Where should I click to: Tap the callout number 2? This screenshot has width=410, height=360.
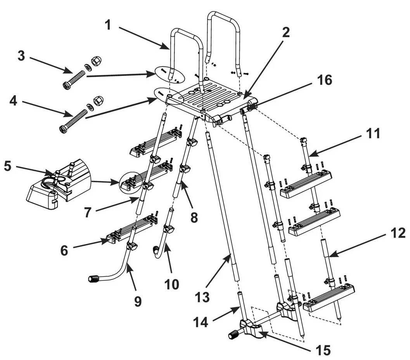[x=285, y=33]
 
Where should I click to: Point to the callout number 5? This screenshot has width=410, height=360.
[x=7, y=166]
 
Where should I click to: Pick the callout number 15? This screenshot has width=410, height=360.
[x=324, y=350]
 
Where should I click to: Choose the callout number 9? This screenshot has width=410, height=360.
[x=138, y=301]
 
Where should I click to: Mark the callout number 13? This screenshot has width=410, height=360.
[x=202, y=298]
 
